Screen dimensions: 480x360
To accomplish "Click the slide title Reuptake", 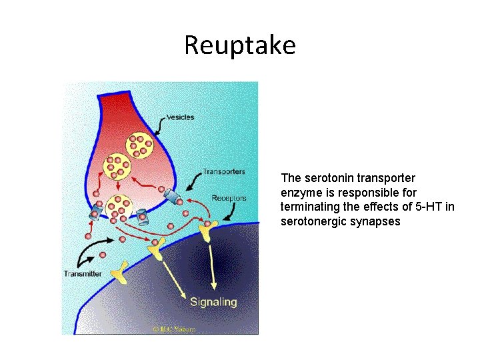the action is [239, 45].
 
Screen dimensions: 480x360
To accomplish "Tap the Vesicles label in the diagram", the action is [181, 117].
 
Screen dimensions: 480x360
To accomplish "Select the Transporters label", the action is [223, 171].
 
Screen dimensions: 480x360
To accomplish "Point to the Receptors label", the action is [229, 198].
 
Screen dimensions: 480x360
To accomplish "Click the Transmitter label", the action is [83, 273].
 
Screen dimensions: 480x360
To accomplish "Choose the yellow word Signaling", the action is [213, 302].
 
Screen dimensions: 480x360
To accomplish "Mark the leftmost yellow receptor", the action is [120, 270].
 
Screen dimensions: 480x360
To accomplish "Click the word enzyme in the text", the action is [299, 193].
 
